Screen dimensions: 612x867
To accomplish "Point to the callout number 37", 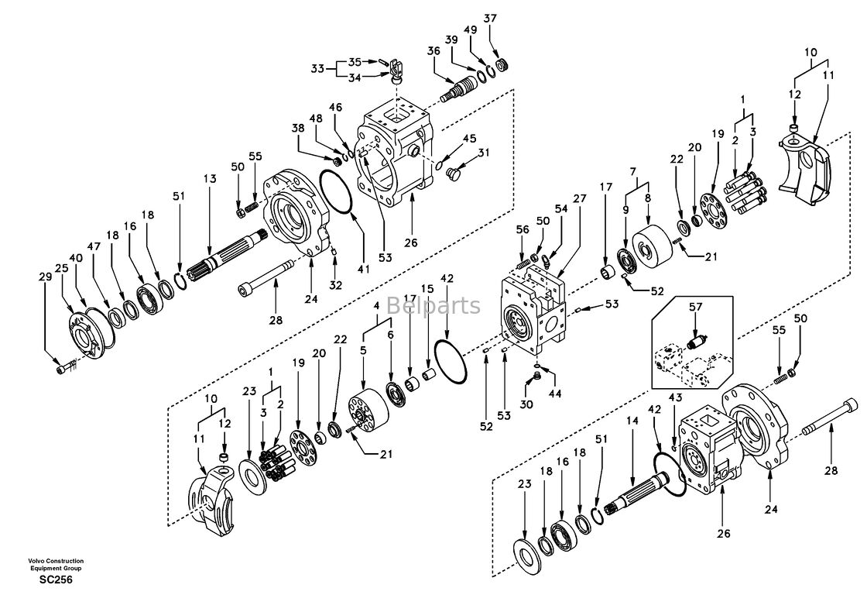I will pyautogui.click(x=490, y=18).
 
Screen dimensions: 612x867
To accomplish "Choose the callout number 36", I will pyautogui.click(x=434, y=50).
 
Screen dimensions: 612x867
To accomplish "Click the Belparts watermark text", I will pyautogui.click(x=433, y=305).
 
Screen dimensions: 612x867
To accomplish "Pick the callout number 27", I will pyautogui.click(x=579, y=198).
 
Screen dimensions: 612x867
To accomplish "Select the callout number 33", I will pyautogui.click(x=317, y=69).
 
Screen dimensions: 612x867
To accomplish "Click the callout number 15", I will pyautogui.click(x=427, y=289).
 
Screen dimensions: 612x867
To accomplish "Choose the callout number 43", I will pyautogui.click(x=675, y=397).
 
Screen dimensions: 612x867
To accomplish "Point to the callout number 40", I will pyautogui.click(x=76, y=258).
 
